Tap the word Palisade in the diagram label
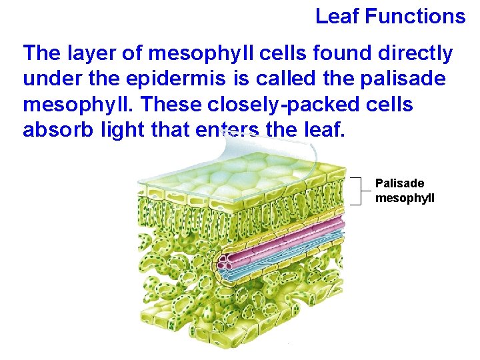[399, 183]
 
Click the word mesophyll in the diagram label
[405, 197]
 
